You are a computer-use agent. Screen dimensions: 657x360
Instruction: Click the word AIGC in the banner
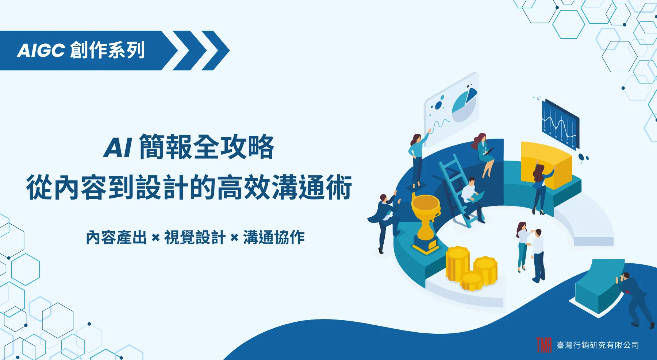click(x=41, y=50)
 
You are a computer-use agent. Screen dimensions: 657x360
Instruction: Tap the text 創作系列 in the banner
click(x=107, y=50)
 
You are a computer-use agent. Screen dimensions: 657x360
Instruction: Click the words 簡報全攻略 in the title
click(x=206, y=147)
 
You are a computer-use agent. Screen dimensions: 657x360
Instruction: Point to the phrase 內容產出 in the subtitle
click(x=116, y=237)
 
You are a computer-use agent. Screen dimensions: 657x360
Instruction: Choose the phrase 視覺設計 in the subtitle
click(x=195, y=237)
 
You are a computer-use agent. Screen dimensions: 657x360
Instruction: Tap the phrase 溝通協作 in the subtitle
click(x=274, y=237)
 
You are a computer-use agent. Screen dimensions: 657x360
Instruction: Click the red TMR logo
click(x=544, y=345)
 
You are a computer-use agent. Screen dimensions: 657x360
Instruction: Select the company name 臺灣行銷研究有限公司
click(x=598, y=345)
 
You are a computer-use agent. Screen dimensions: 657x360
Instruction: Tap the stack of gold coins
click(x=471, y=268)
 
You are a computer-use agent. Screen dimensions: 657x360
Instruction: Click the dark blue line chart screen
click(x=561, y=124)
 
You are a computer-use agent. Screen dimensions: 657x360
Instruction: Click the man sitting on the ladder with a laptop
click(x=472, y=199)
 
